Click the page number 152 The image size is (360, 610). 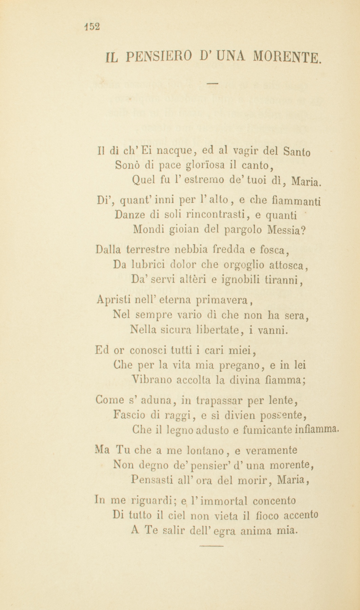92,27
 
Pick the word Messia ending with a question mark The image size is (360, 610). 286,230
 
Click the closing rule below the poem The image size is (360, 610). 212,546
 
